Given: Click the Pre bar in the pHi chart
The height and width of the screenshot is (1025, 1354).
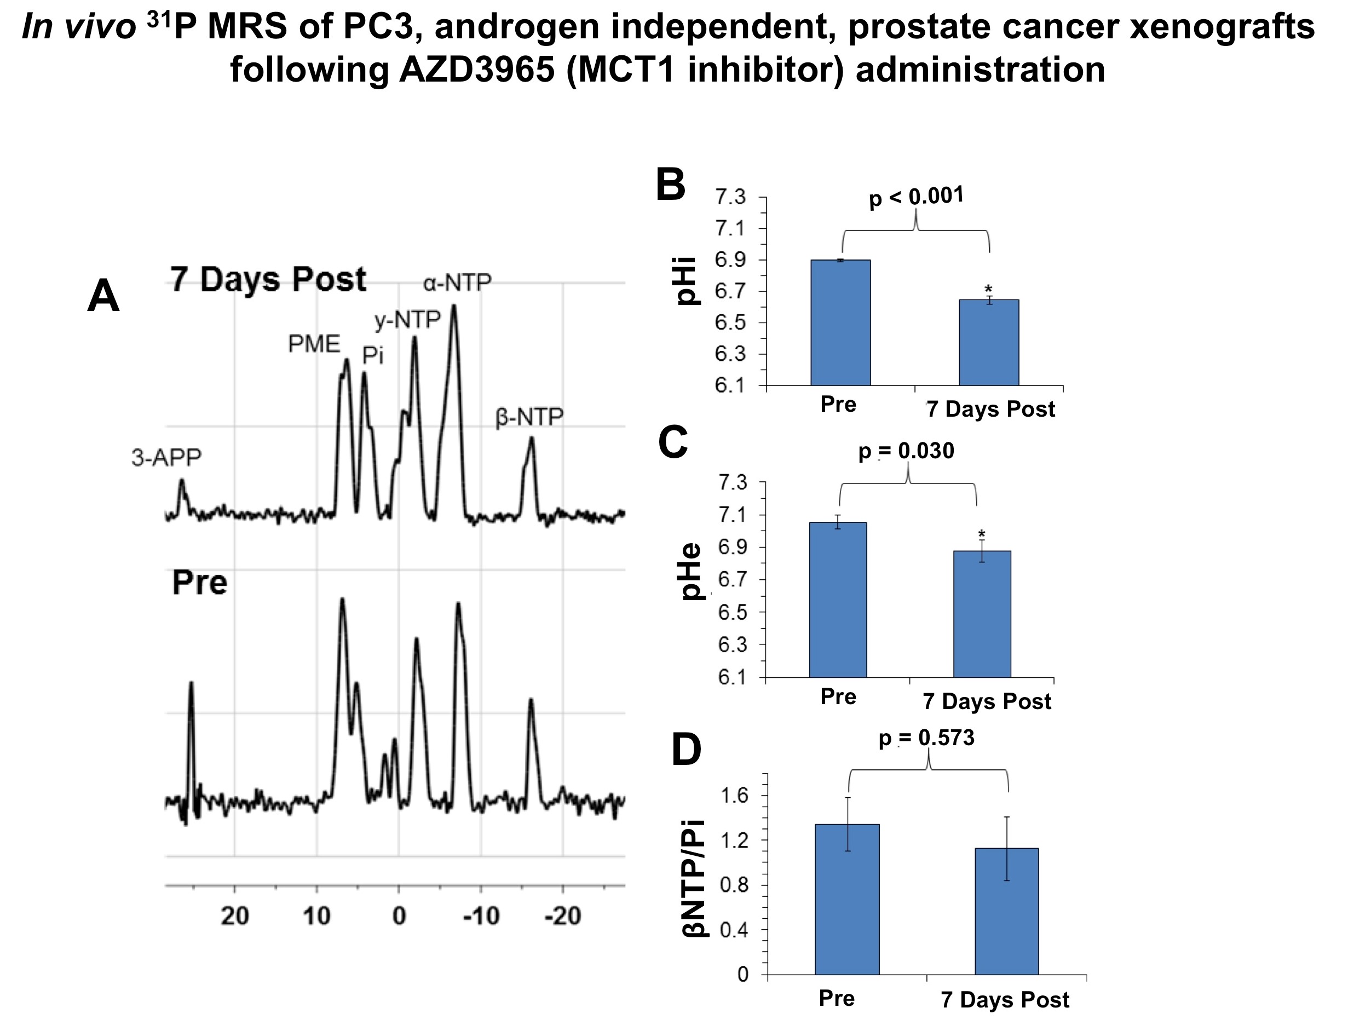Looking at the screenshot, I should coord(840,323).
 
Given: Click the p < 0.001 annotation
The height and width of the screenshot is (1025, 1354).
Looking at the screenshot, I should coord(917,197).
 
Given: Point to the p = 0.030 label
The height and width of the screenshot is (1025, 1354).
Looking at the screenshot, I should coord(906,451).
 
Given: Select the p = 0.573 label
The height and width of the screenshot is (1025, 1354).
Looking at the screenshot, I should coord(926,738).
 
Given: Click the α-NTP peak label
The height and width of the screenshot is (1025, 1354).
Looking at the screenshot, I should coord(457,283).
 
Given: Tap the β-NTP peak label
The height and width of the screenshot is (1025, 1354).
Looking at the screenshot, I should coord(529,418).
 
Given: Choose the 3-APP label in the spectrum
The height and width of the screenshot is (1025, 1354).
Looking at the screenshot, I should coord(166,457).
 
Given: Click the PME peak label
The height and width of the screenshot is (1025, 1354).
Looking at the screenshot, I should coord(314,345).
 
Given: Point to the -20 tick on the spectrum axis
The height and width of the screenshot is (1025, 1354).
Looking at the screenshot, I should coord(562,916).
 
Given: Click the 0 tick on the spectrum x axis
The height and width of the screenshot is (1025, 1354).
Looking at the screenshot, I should coord(399,916).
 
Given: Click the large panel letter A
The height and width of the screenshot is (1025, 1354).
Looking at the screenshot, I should coord(103,296).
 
